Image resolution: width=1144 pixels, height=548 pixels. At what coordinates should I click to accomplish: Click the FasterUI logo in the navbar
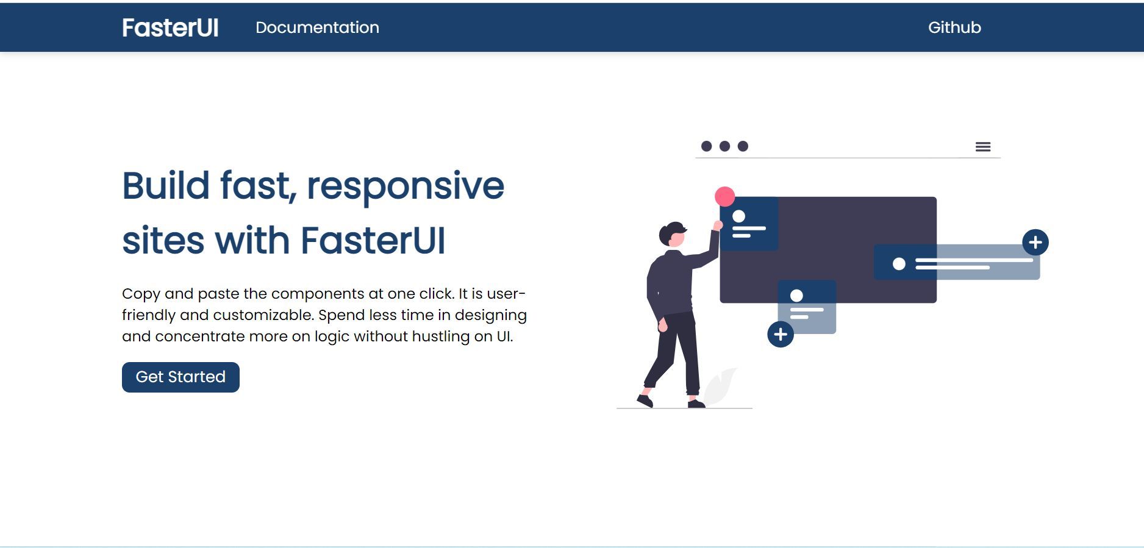pos(170,27)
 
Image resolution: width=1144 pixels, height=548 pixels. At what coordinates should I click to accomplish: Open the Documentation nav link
pos(317,27)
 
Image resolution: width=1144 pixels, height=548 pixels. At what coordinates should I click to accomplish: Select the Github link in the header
pos(954,27)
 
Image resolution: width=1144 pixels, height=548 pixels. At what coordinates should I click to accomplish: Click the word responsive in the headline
pos(406,186)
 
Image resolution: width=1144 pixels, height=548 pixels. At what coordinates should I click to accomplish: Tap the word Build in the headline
pos(166,186)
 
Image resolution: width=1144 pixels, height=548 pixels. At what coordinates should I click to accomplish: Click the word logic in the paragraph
pos(332,336)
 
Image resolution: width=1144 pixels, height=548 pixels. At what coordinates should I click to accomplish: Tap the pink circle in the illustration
pos(724,196)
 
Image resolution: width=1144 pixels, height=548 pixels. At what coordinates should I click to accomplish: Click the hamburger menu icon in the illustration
pos(982,147)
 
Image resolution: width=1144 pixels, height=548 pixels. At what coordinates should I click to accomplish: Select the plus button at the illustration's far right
pos(1035,242)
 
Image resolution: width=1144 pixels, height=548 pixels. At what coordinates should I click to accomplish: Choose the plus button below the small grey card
pos(781,334)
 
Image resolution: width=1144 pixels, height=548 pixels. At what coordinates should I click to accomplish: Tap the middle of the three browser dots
pos(724,146)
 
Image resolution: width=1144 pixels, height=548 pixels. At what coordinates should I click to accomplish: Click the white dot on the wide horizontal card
pos(899,264)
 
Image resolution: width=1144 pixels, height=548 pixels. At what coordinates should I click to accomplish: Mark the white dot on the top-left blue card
pos(739,216)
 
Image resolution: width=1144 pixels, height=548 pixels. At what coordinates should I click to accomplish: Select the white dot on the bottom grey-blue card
pos(796,296)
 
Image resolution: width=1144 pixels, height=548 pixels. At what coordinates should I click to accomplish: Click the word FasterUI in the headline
pos(373,241)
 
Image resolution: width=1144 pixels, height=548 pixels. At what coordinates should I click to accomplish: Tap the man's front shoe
pos(696,404)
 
